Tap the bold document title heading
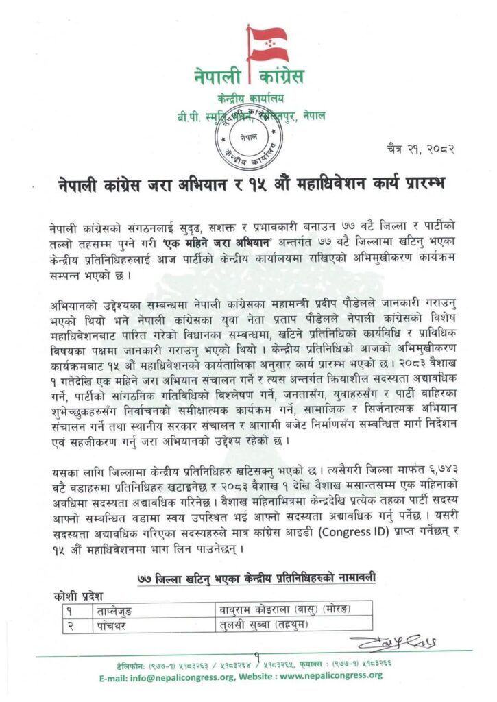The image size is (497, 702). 250,185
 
